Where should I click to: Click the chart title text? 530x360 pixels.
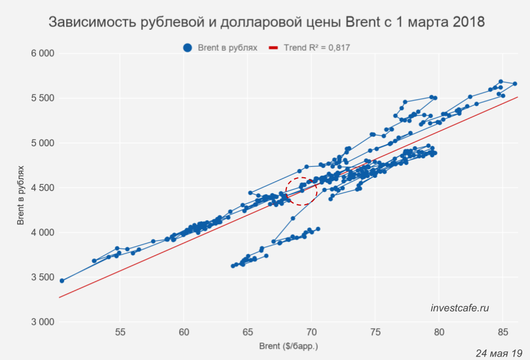click(x=267, y=23)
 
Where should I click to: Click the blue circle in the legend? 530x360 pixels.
click(x=188, y=48)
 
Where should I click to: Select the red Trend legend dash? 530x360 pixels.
click(x=273, y=48)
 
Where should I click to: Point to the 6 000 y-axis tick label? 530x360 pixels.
click(x=42, y=54)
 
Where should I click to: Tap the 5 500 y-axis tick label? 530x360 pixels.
click(x=42, y=98)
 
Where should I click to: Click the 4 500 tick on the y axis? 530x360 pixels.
click(x=42, y=188)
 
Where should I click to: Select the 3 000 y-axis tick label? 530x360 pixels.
click(x=42, y=322)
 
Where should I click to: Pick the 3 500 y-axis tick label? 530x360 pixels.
click(x=42, y=277)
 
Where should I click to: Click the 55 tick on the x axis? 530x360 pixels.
click(x=120, y=332)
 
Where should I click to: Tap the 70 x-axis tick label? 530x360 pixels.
click(x=312, y=332)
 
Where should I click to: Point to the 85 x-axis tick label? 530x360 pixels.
click(x=503, y=332)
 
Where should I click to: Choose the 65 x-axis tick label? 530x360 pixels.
click(x=248, y=332)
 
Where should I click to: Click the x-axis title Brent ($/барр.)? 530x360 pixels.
click(x=288, y=347)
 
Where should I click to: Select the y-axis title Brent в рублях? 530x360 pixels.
click(x=20, y=187)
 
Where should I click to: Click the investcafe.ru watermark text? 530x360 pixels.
click(x=460, y=308)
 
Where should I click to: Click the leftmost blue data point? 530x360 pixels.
click(x=62, y=280)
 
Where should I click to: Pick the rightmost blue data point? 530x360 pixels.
click(x=515, y=84)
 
